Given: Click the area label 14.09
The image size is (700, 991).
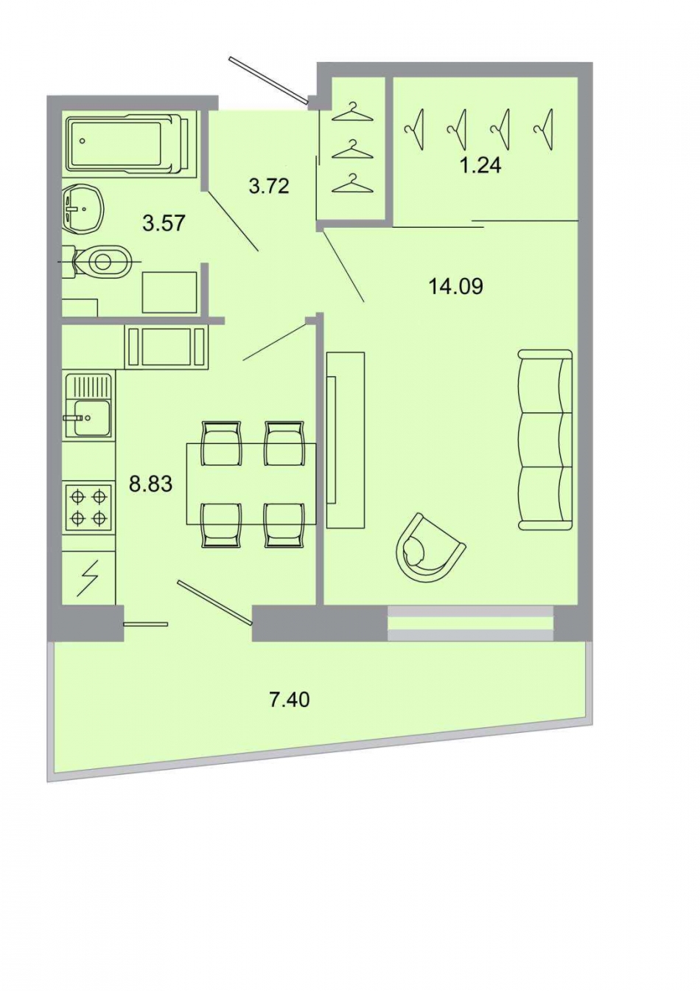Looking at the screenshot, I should tap(455, 285).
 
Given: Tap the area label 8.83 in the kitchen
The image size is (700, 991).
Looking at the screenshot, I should tap(150, 484).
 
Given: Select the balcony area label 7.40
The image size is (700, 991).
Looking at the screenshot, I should tap(289, 698).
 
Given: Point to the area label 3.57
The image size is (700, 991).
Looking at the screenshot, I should tap(163, 223).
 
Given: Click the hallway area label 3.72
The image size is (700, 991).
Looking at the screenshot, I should tap(269, 186).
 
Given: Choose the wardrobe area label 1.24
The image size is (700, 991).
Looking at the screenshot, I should tap(480, 165).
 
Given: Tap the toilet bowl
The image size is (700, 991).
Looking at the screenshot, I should tap(103, 260).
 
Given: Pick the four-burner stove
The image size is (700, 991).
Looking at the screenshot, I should tap(88, 507).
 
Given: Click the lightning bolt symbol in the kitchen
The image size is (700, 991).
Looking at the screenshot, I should tap(88, 577).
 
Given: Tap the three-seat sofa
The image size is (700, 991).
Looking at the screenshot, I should tap(545, 440).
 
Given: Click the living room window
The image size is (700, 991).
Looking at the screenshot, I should tap(470, 623).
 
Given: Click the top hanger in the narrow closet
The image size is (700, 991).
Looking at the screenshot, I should tap(352, 112).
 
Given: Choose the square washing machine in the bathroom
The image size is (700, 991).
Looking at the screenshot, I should tap(169, 293).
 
